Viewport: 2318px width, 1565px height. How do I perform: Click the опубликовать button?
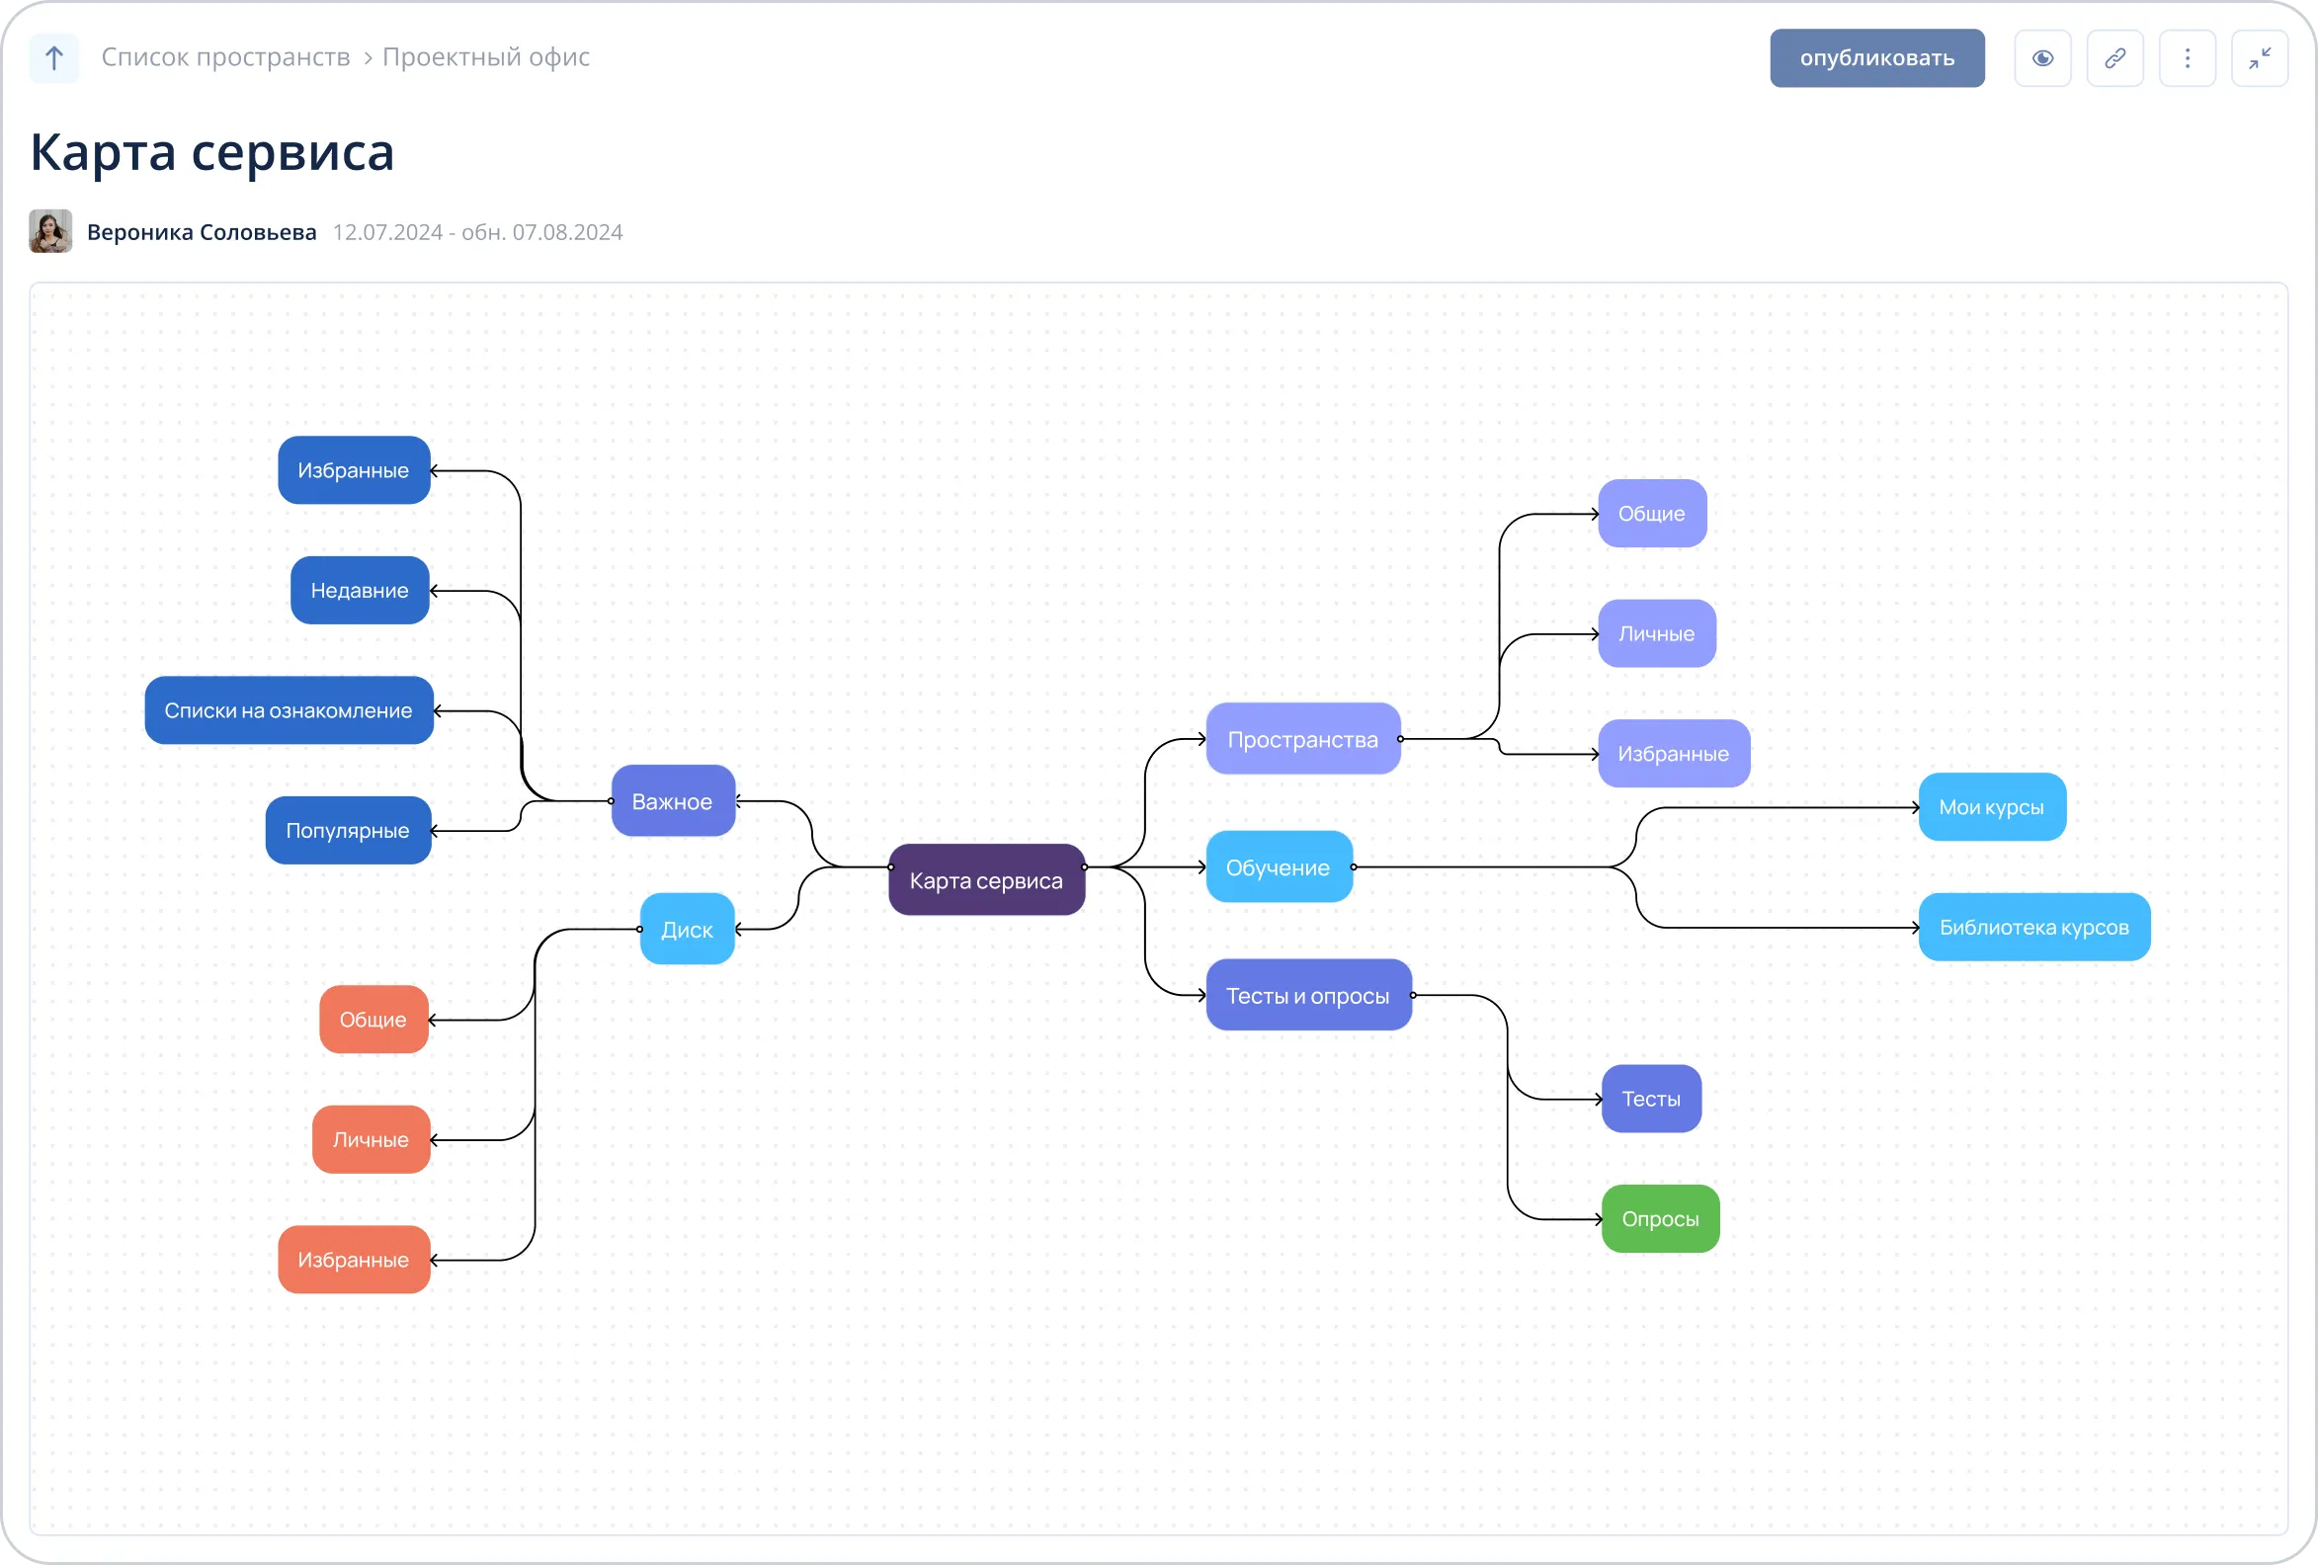(1876, 58)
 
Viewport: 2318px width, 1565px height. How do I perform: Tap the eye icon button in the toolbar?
(2042, 58)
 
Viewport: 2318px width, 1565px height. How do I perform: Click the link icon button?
(2114, 58)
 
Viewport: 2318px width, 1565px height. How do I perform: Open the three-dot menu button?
(2188, 58)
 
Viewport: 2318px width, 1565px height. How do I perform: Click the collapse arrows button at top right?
(2259, 58)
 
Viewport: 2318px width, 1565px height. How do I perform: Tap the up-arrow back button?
(54, 58)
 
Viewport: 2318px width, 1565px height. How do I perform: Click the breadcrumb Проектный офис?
(486, 57)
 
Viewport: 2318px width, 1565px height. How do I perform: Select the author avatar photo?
(50, 231)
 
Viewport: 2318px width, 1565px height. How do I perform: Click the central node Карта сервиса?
(986, 879)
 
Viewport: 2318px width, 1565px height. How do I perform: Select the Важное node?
(673, 801)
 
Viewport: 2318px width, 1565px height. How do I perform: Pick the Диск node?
(688, 929)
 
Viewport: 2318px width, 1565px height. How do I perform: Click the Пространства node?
(1302, 739)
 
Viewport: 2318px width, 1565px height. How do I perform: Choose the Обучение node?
(1279, 866)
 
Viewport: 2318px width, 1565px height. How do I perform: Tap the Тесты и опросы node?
(1308, 995)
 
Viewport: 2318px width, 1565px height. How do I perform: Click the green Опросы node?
(1661, 1219)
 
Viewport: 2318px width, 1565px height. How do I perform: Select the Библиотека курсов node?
(2034, 927)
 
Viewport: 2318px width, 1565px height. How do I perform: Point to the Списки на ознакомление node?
(290, 710)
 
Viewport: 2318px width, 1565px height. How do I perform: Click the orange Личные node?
(372, 1139)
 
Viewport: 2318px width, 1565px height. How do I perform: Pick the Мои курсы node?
(1992, 807)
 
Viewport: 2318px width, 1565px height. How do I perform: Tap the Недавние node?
(360, 591)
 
